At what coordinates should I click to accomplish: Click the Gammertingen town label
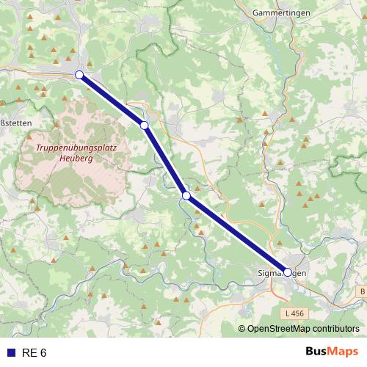(x=278, y=13)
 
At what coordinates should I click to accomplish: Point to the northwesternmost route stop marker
(x=79, y=74)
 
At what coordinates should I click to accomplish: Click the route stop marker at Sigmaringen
(x=287, y=272)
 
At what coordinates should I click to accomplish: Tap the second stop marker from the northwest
(x=145, y=126)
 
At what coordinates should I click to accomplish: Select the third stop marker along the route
(x=186, y=195)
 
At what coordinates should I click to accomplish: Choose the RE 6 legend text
(x=34, y=353)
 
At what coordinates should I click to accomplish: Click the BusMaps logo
(x=331, y=352)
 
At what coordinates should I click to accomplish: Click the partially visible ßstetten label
(x=15, y=123)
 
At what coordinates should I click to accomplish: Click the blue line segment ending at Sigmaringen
(x=236, y=233)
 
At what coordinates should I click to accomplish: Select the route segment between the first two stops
(x=112, y=100)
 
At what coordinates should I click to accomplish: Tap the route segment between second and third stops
(x=165, y=160)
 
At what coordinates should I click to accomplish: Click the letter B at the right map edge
(x=363, y=292)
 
